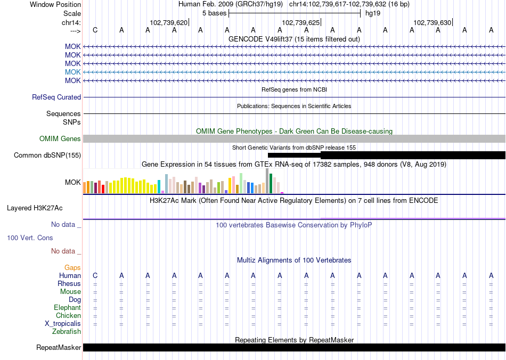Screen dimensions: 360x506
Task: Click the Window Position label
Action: [x=55, y=4]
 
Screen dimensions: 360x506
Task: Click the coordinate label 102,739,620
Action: [x=169, y=23]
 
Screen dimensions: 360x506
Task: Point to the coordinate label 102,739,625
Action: [x=300, y=23]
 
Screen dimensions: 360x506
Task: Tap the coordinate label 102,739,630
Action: [x=432, y=23]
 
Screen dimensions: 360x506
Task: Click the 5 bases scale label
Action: [x=214, y=13]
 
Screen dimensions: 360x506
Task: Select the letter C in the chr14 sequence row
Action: [x=95, y=30]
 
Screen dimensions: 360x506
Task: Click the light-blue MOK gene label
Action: [x=73, y=72]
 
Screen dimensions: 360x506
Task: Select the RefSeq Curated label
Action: [x=56, y=97]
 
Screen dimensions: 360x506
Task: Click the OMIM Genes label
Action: [x=60, y=139]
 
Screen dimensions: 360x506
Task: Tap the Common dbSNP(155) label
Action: [x=47, y=156]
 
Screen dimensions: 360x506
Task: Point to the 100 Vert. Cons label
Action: [x=30, y=238]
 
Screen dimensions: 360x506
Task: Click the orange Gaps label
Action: [x=72, y=267]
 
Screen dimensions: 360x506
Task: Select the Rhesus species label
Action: [x=69, y=284]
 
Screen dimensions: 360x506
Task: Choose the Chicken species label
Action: [x=68, y=316]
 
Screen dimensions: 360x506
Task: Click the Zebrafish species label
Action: [x=67, y=332]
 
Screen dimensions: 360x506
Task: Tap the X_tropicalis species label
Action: [x=63, y=324]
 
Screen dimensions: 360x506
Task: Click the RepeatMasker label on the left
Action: [x=59, y=348]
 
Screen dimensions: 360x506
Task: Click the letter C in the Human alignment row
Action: [x=95, y=275]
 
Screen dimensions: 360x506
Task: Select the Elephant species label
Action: [x=67, y=308]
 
